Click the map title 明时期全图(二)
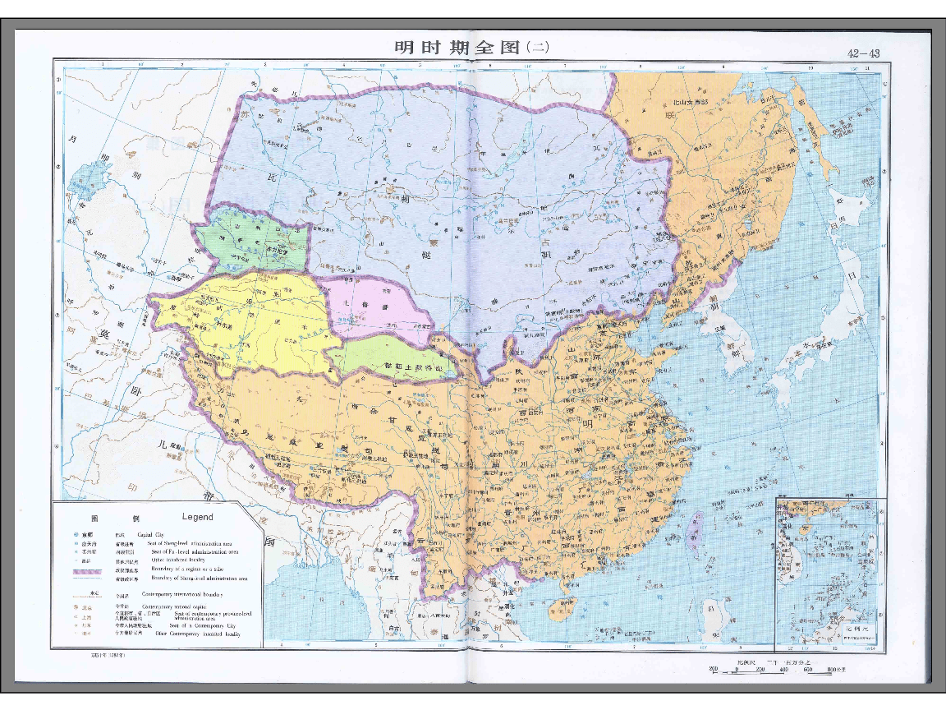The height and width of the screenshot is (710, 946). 471,48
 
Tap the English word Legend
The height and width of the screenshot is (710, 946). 197,517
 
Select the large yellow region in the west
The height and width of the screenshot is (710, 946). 246,320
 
